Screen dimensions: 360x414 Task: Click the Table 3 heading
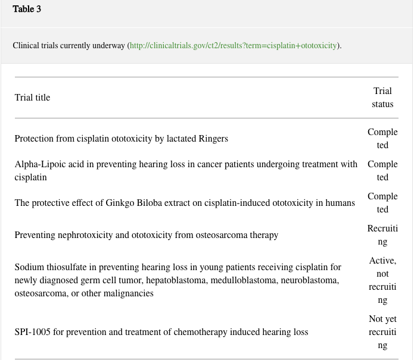27,10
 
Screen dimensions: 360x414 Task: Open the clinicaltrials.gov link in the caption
233,45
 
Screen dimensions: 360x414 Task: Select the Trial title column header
32,98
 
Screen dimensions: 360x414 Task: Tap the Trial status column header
382,98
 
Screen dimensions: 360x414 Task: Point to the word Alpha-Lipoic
38,164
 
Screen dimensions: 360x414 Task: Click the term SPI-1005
33,332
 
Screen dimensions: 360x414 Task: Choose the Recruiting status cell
382,235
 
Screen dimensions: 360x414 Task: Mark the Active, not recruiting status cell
382,280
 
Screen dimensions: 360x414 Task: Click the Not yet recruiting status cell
382,332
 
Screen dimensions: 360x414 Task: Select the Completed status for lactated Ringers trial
382,139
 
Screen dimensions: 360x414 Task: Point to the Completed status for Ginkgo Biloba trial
382,203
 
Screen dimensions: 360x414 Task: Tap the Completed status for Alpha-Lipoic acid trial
382,171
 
